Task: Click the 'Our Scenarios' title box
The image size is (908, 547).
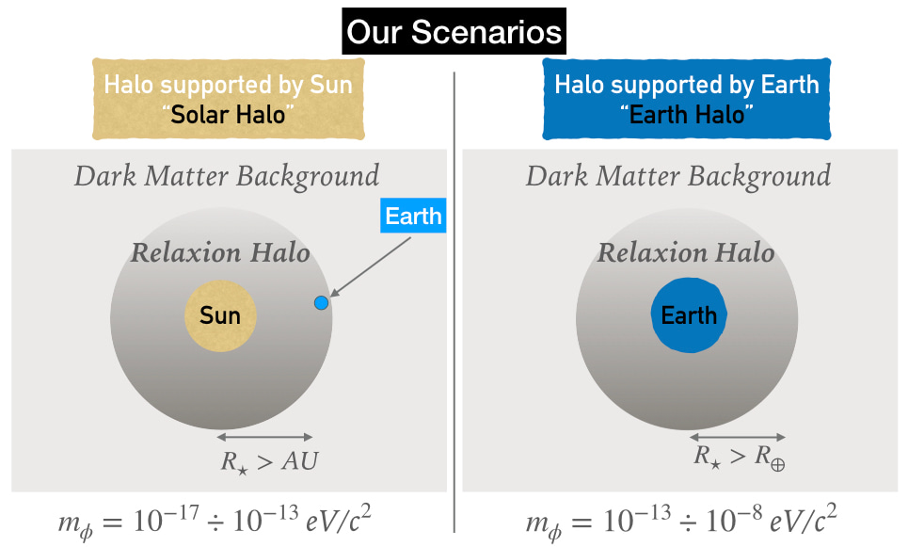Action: point(454,31)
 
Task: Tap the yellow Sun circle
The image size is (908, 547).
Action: point(220,315)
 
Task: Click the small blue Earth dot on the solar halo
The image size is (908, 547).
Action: point(321,302)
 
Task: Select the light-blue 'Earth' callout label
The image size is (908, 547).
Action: point(413,216)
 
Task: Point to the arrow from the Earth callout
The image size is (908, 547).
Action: point(370,267)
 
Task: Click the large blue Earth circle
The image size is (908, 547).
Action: point(689,315)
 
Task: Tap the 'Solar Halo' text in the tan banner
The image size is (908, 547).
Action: point(228,115)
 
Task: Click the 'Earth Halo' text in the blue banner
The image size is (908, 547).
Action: point(687,115)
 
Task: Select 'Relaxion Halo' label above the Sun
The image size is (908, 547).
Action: point(220,252)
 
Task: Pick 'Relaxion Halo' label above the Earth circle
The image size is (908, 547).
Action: point(686,252)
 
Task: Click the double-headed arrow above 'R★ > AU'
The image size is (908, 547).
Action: point(264,437)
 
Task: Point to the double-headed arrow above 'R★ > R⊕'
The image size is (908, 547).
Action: point(737,437)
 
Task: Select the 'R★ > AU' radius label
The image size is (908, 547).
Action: point(269,462)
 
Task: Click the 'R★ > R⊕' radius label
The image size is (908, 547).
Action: point(740,458)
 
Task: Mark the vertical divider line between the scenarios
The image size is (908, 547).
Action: point(454,302)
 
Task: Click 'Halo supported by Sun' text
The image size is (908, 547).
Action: point(228,85)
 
